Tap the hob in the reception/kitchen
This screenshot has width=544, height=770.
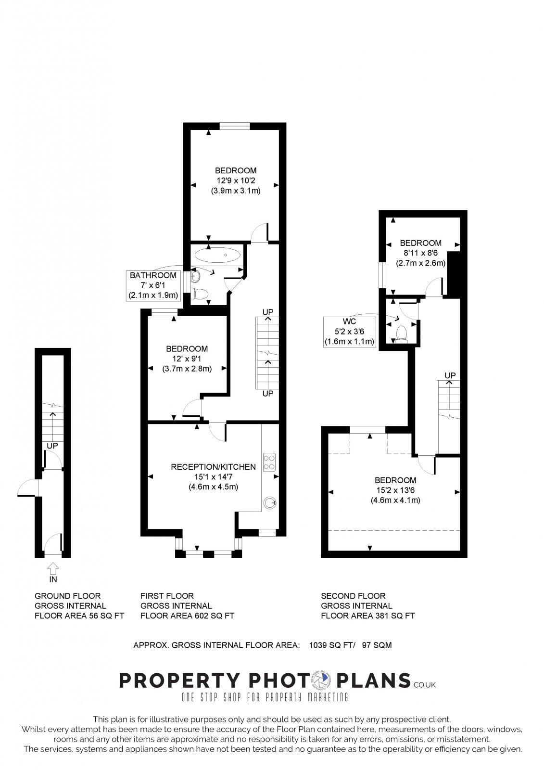pyautogui.click(x=269, y=462)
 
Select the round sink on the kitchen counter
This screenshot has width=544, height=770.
pyautogui.click(x=269, y=503)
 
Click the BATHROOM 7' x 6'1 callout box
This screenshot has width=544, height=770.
pyautogui.click(x=153, y=285)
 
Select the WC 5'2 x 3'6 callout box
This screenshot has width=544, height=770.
pyautogui.click(x=350, y=332)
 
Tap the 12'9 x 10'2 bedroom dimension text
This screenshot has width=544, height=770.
pyautogui.click(x=236, y=180)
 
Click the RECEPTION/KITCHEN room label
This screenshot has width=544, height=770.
pyautogui.click(x=213, y=467)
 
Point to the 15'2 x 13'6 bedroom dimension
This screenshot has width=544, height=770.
pyautogui.click(x=395, y=490)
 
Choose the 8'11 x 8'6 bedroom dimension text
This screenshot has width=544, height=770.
pyautogui.click(x=420, y=253)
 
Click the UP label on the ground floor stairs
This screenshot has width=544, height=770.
pyautogui.click(x=52, y=446)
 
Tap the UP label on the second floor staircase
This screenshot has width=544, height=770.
pyautogui.click(x=450, y=375)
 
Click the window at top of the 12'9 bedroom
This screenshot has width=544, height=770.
pyautogui.click(x=235, y=126)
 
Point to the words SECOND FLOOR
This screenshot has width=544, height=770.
pyautogui.click(x=353, y=596)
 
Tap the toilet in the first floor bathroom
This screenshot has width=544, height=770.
pyautogui.click(x=200, y=293)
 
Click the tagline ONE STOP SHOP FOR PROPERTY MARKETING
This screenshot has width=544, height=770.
pyautogui.click(x=265, y=697)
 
